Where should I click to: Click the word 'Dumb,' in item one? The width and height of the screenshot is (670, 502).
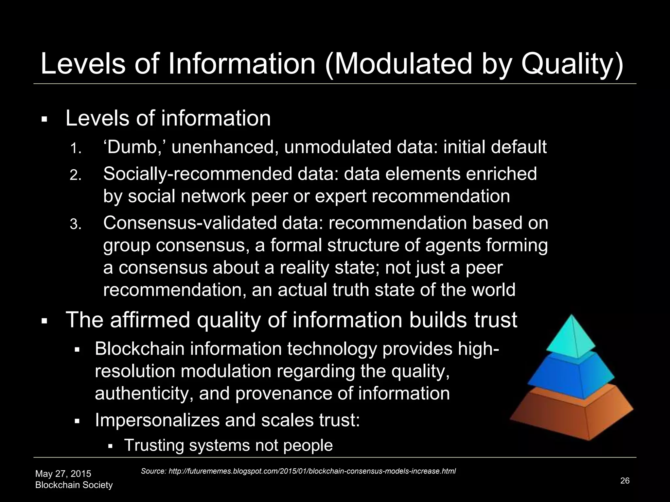click(135, 147)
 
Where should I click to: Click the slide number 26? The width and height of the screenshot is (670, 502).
click(625, 480)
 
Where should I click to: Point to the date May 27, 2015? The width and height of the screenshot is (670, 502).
click(63, 474)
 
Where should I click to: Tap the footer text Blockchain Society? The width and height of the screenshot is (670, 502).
click(74, 485)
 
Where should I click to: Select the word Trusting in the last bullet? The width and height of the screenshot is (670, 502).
click(154, 445)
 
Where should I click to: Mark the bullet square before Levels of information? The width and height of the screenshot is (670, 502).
click(44, 120)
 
